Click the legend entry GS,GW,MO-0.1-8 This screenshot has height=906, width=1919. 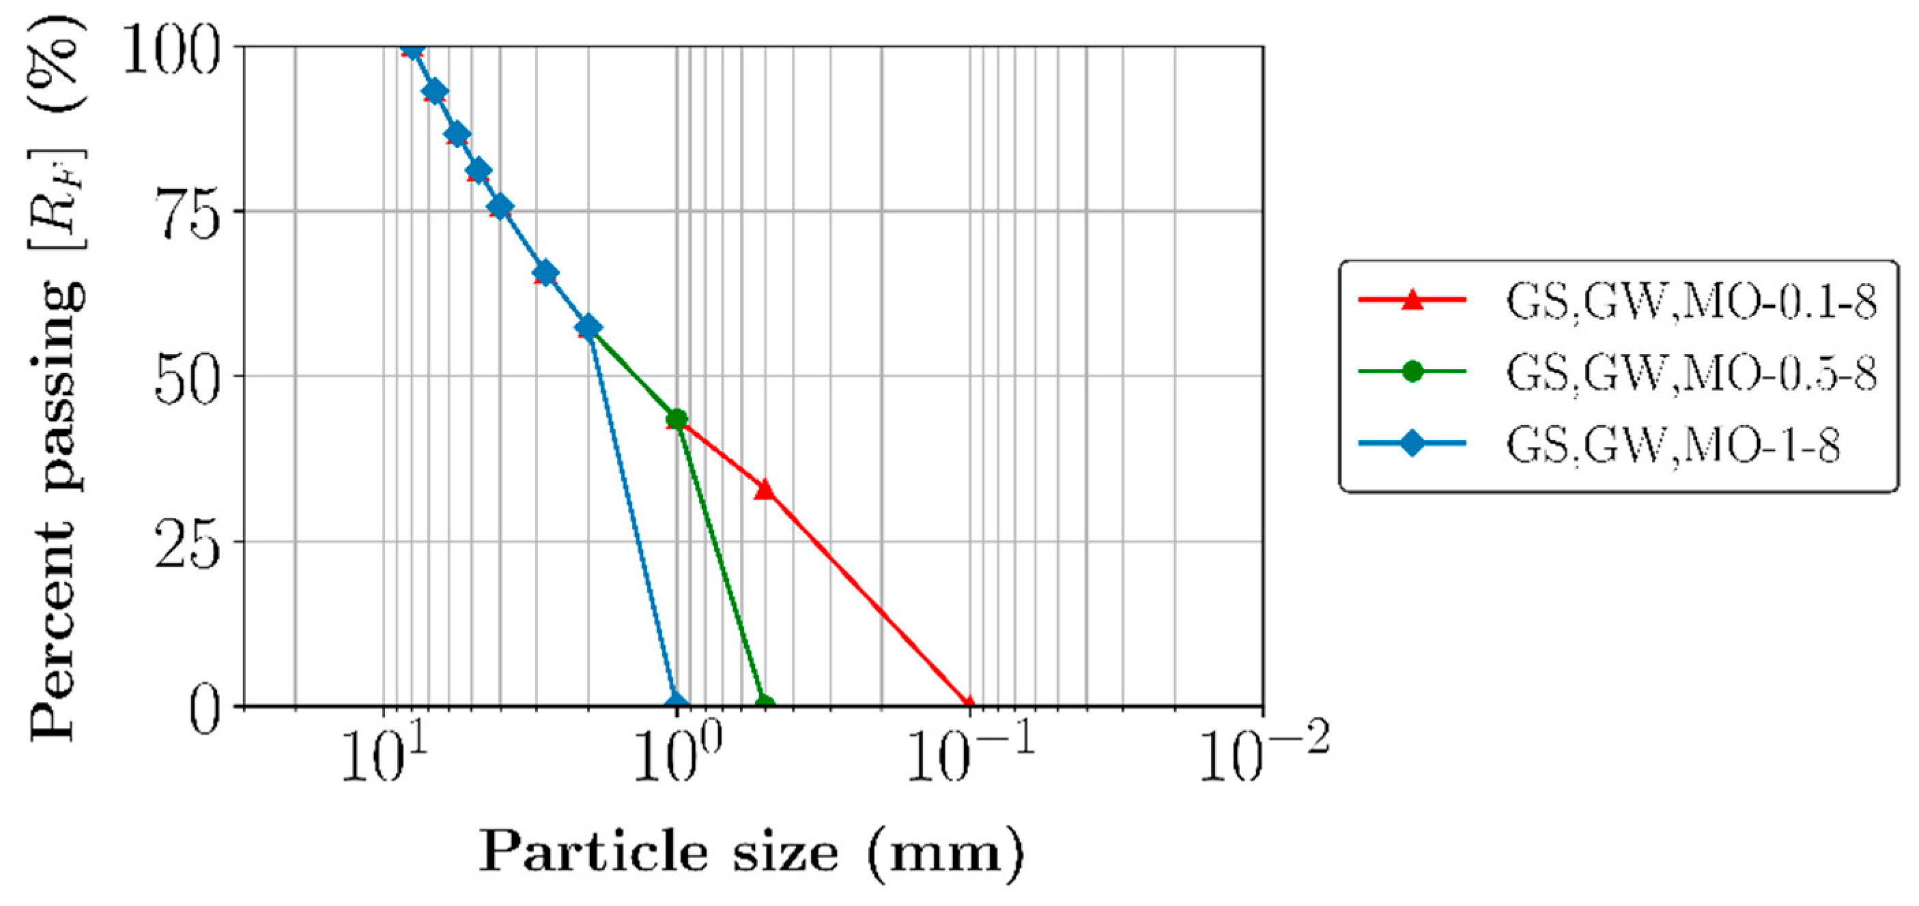point(1690,302)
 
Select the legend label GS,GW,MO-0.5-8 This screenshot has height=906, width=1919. point(1690,372)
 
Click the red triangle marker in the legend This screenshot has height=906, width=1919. point(1412,300)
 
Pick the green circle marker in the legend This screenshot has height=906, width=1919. point(1412,370)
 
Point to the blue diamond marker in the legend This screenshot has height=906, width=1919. point(1412,443)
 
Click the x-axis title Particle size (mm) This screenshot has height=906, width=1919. point(751,851)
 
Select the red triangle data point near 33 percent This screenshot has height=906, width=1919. point(765,490)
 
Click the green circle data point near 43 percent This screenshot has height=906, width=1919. point(677,419)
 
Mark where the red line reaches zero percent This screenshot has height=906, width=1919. point(969,704)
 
